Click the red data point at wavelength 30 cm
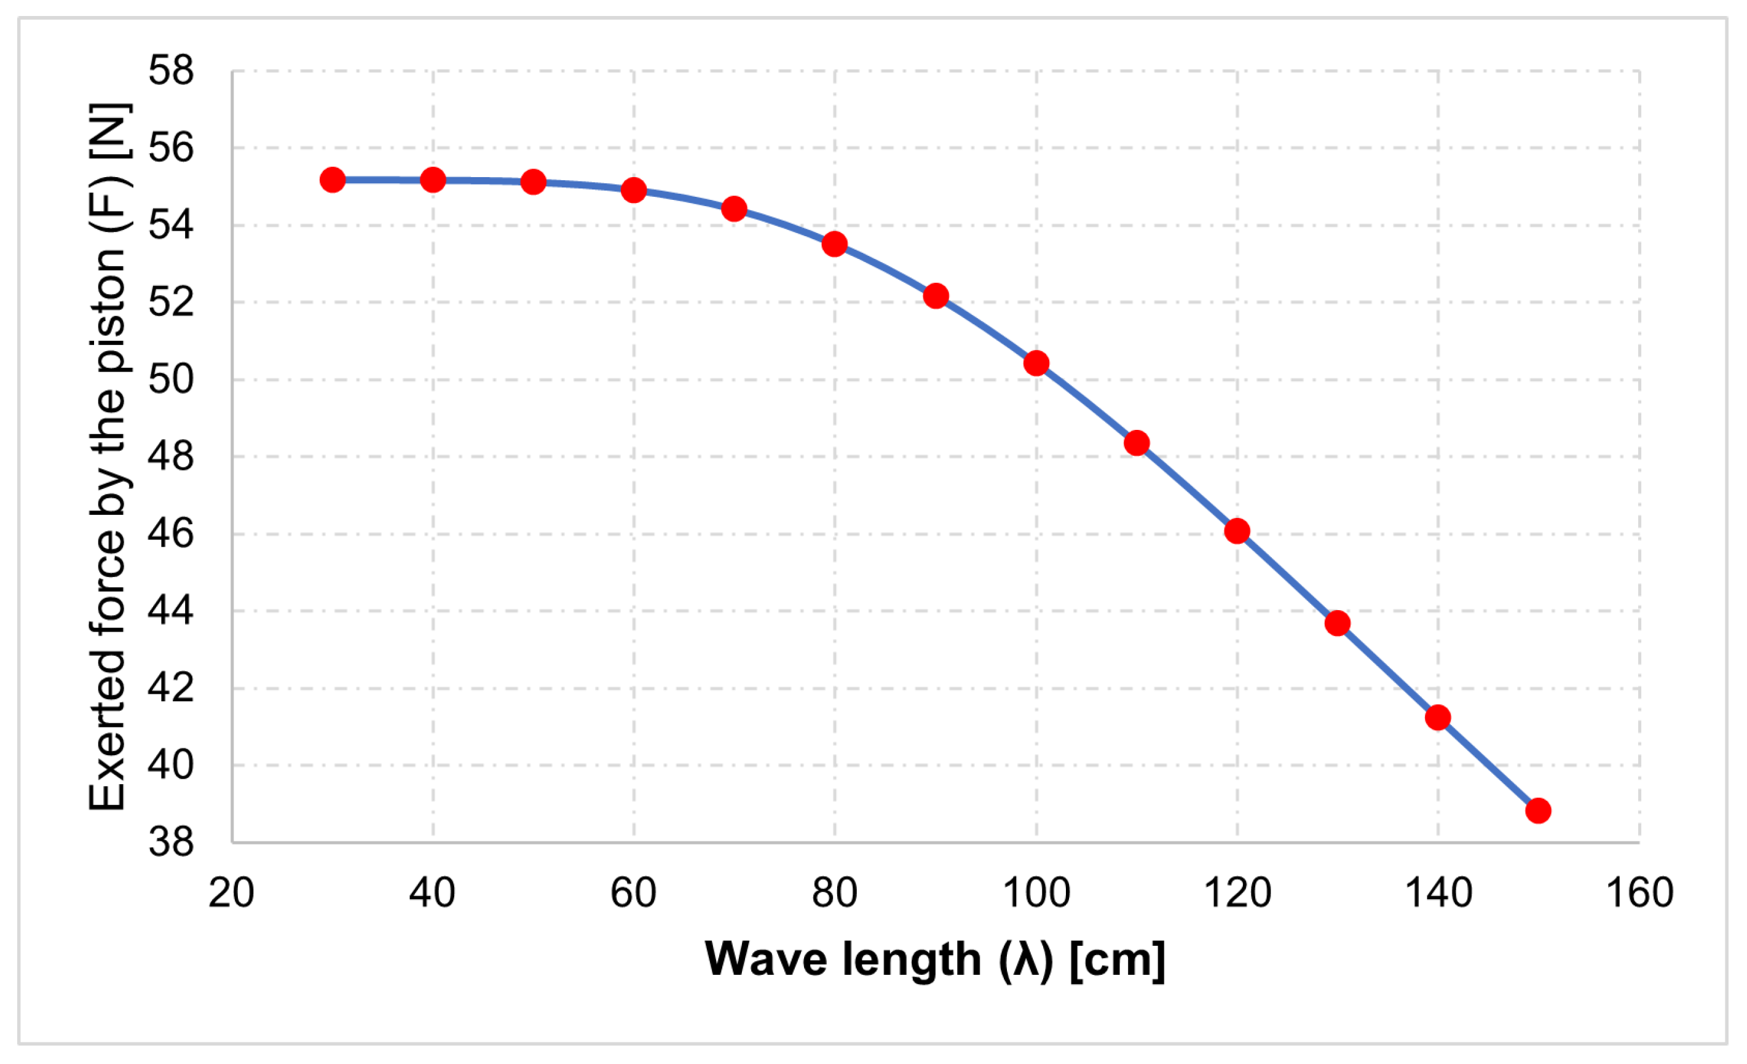(x=333, y=180)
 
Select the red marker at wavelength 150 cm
(x=1538, y=810)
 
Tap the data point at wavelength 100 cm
(x=1036, y=363)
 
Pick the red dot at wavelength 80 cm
(x=835, y=244)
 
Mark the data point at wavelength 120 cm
(x=1237, y=531)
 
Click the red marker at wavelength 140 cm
(x=1438, y=717)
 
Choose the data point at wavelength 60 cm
(x=634, y=190)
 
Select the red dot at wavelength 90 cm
(x=936, y=296)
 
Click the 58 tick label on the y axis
(x=171, y=71)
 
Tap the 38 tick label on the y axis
(x=171, y=842)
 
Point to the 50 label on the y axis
(x=171, y=379)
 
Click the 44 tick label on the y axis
(x=171, y=611)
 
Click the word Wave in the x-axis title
(x=766, y=959)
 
